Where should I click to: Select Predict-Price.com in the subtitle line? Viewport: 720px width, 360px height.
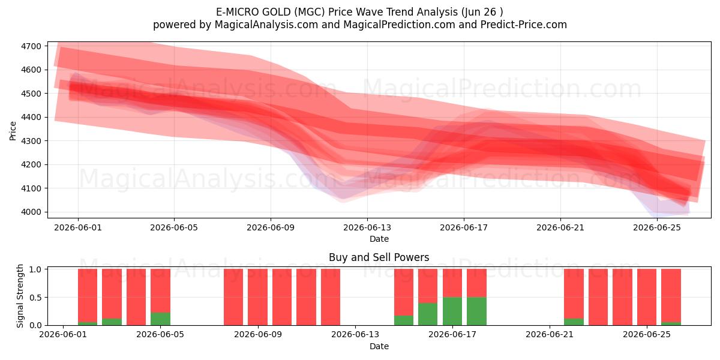524,25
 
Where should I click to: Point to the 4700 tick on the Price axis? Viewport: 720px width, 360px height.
31,46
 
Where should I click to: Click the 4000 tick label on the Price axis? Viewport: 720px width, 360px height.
31,212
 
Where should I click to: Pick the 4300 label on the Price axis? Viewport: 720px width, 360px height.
31,141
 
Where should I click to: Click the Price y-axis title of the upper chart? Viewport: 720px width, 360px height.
13,131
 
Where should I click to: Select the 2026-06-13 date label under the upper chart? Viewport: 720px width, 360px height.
367,228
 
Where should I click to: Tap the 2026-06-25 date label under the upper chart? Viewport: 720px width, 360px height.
657,228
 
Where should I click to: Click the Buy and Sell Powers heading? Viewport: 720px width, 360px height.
379,257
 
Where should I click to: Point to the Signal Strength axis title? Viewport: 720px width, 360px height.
20,296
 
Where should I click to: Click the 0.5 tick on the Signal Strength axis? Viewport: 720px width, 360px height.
35,298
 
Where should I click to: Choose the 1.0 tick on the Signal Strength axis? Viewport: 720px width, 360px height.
35,269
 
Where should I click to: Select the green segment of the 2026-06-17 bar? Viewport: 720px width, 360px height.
452,311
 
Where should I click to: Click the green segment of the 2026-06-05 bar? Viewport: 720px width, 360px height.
160,319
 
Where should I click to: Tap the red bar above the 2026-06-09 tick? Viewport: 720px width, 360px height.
257,297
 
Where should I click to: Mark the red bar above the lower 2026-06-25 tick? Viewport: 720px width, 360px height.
647,297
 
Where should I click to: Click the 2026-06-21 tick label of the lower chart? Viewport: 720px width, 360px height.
550,335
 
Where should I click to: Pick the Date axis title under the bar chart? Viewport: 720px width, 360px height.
379,347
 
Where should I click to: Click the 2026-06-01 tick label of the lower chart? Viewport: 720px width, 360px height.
63,335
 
